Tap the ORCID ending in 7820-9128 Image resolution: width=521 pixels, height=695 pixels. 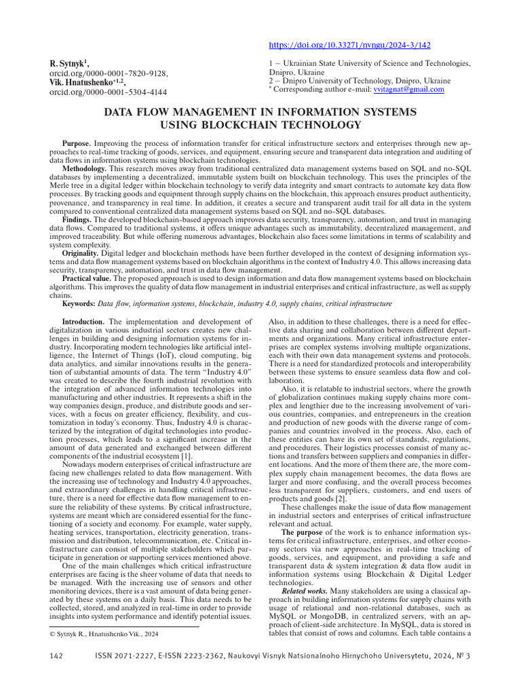108,73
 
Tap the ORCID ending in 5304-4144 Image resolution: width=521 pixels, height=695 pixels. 108,92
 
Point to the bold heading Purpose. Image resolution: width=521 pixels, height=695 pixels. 76,145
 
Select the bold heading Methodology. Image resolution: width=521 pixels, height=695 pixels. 84,168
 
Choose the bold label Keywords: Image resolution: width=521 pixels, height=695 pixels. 79,304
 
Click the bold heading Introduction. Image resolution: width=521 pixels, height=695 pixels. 84,322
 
